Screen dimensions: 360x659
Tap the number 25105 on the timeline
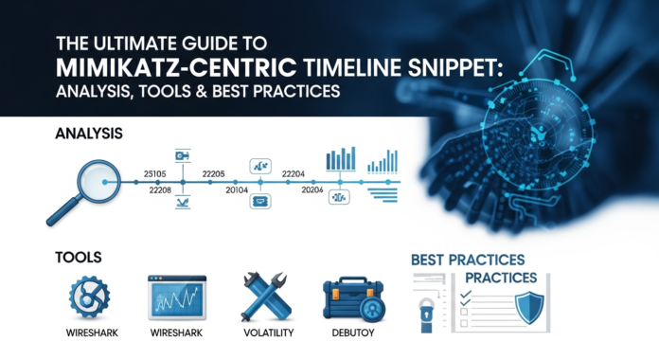154,172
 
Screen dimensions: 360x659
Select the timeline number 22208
161,191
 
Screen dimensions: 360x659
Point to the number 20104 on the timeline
233,191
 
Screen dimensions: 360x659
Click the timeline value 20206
312,191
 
